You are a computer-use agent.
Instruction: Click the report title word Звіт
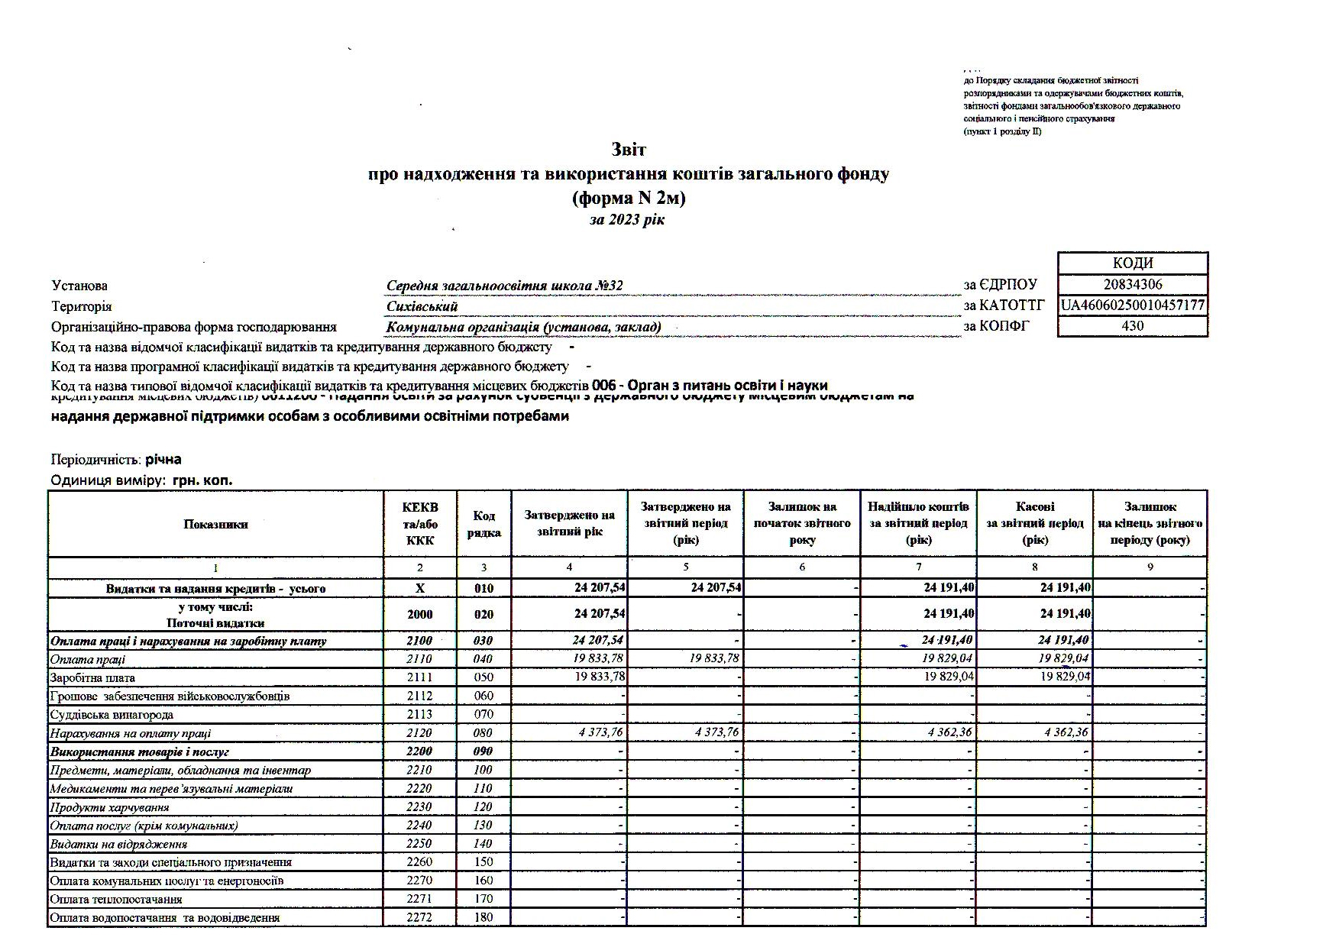628,150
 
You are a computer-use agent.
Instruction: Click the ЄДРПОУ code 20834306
1133,285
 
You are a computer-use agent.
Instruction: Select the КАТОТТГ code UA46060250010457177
1133,305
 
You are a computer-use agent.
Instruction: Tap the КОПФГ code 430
1132,326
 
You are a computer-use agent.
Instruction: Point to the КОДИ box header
1133,263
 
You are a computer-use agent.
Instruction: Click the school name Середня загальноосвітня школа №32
504,286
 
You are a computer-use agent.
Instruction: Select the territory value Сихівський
422,307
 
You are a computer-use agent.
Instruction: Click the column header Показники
215,524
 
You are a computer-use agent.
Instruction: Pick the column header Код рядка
484,524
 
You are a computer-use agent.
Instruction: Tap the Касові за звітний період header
1035,523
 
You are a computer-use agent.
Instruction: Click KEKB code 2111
419,677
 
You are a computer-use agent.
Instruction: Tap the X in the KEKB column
419,589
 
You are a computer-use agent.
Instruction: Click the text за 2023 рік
627,220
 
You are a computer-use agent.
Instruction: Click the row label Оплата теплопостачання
105,900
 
